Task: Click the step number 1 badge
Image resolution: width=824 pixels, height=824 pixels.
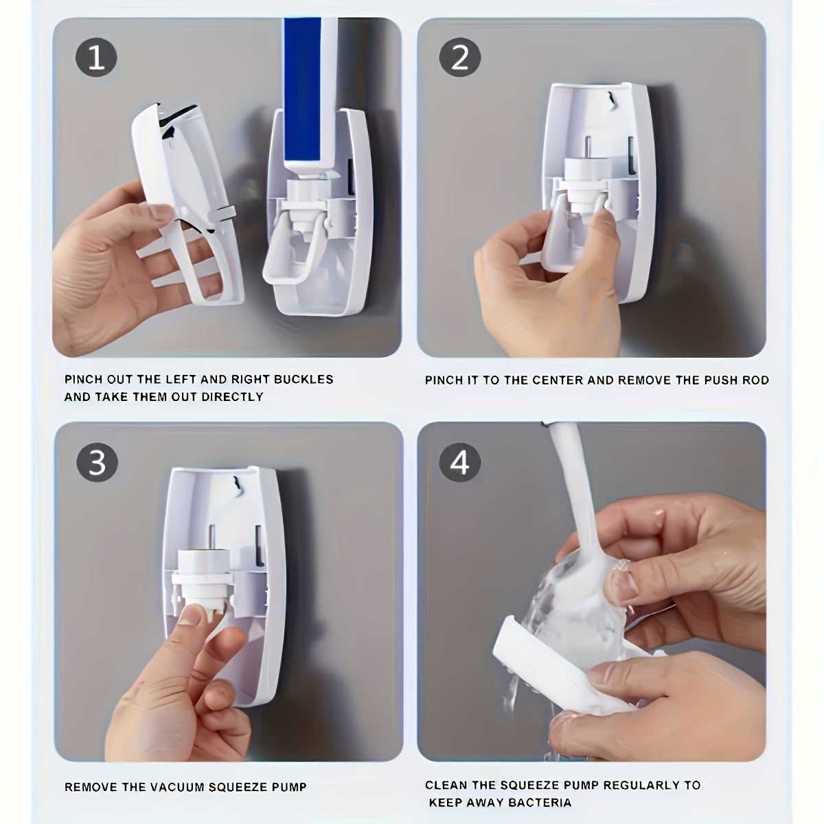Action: pos(96,58)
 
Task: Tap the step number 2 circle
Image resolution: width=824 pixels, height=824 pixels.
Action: pos(459,58)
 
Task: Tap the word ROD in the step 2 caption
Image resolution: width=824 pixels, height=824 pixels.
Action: pos(756,380)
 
